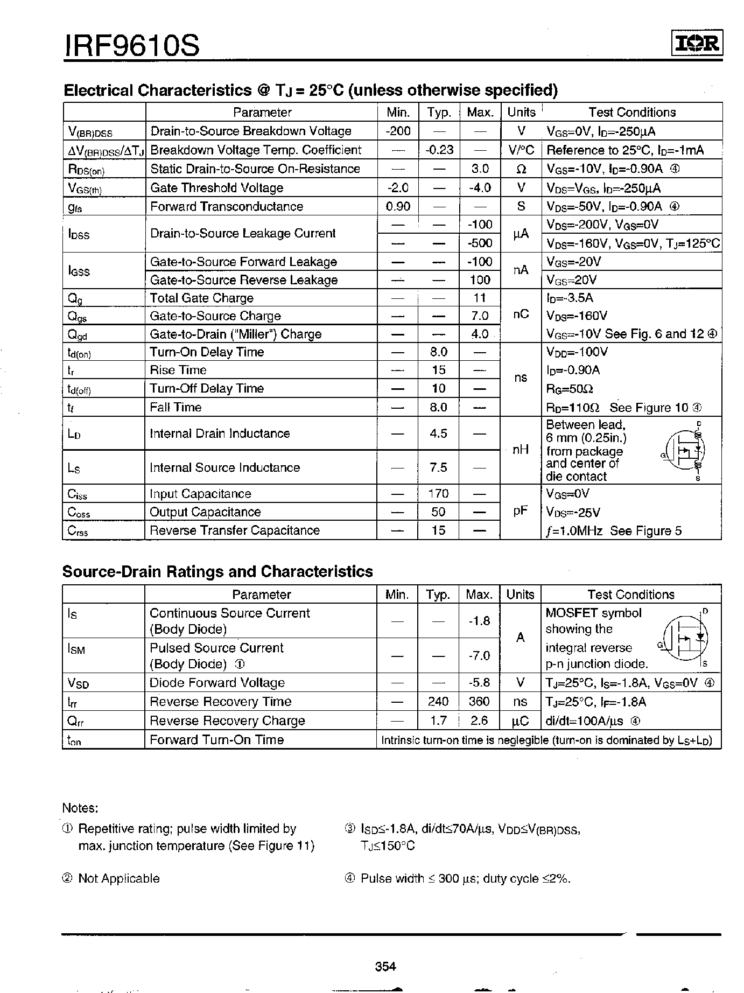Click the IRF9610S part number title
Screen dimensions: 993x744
coord(132,45)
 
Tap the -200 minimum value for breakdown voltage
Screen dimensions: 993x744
coord(398,131)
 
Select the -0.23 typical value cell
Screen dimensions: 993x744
coord(439,150)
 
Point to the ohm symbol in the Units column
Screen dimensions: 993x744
coord(521,169)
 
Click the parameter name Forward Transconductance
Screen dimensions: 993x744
coord(227,206)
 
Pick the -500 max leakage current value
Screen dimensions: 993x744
coord(480,243)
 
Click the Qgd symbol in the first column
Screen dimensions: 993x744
coord(78,334)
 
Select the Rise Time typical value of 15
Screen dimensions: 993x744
coord(439,370)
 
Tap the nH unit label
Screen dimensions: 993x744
coord(520,450)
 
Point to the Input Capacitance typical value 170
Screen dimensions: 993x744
coord(439,494)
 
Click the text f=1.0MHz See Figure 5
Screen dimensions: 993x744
coord(614,531)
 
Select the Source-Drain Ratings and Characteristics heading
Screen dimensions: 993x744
coord(217,571)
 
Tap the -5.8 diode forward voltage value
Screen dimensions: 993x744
coord(479,683)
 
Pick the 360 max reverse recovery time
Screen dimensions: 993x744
coord(479,702)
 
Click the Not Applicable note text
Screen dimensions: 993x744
coord(119,878)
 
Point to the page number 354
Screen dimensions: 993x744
coord(385,966)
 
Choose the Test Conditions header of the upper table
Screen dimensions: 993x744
coord(632,113)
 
